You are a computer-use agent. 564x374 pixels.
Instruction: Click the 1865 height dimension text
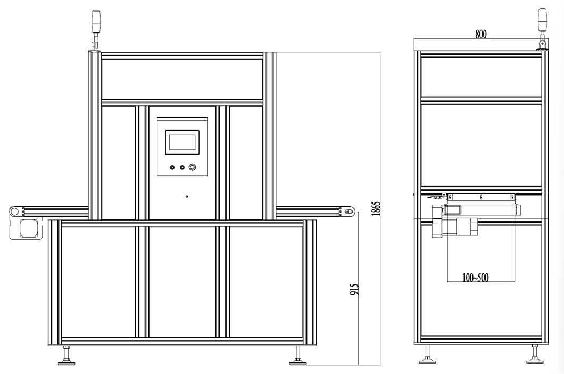pyautogui.click(x=376, y=209)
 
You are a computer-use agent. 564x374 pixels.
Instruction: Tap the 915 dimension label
pyautogui.click(x=354, y=289)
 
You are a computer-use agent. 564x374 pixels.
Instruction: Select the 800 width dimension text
pyautogui.click(x=481, y=34)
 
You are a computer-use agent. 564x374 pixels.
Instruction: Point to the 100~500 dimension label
pyautogui.click(x=476, y=278)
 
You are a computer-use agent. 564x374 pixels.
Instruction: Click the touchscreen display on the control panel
pyautogui.click(x=183, y=142)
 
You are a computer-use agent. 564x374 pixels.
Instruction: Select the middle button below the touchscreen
pyautogui.click(x=182, y=167)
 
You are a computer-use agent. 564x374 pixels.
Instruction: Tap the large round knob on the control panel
pyautogui.click(x=193, y=167)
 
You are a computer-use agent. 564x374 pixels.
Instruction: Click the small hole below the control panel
pyautogui.click(x=187, y=197)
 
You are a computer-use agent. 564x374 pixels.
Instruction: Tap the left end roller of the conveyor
pyautogui.click(x=14, y=212)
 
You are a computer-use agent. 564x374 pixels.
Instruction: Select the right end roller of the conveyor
pyautogui.click(x=349, y=212)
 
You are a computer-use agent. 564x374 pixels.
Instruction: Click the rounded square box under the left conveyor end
pyautogui.click(x=29, y=229)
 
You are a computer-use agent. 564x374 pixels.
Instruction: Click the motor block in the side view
pyautogui.click(x=455, y=221)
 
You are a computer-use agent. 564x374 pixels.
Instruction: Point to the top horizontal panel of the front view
pyautogui.click(x=182, y=79)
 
